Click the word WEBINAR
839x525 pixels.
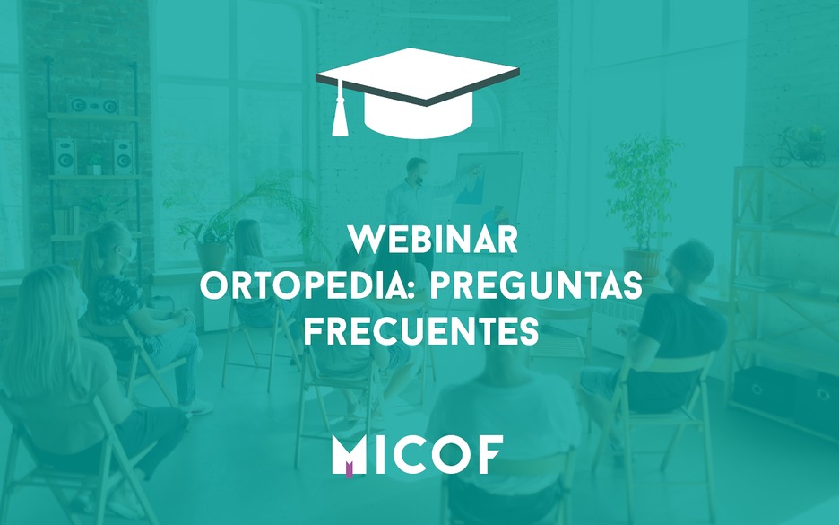(432, 240)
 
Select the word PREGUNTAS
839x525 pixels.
(536, 285)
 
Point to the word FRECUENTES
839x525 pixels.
(421, 331)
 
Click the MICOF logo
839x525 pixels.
(418, 454)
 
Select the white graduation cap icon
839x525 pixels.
(418, 92)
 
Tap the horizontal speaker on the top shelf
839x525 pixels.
(94, 105)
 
